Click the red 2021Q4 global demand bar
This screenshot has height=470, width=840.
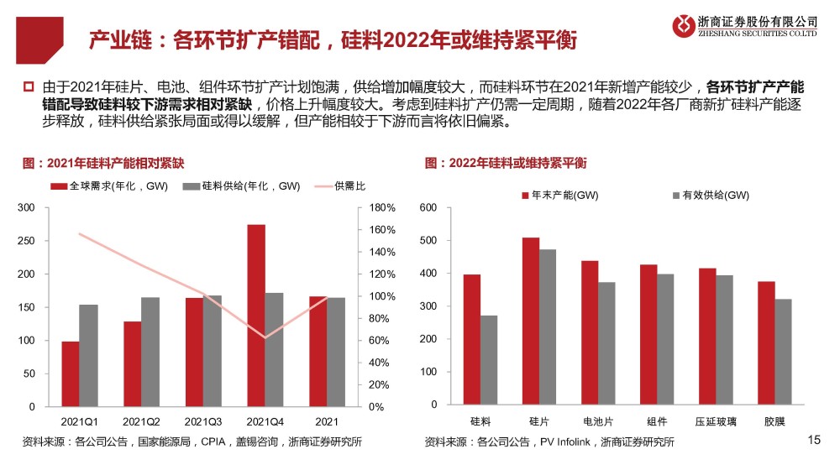(x=256, y=316)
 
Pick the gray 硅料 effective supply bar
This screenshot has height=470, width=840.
(x=489, y=359)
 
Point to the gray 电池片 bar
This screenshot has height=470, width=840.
(x=606, y=342)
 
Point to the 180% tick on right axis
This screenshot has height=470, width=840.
(x=382, y=207)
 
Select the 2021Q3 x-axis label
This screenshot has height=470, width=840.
(x=202, y=421)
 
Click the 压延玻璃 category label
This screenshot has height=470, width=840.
(x=716, y=421)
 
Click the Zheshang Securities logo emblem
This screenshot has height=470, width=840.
(x=683, y=25)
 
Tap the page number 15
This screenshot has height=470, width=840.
(x=812, y=440)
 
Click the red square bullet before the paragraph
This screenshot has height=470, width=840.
(x=28, y=86)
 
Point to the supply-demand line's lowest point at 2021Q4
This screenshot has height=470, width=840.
(x=265, y=337)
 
